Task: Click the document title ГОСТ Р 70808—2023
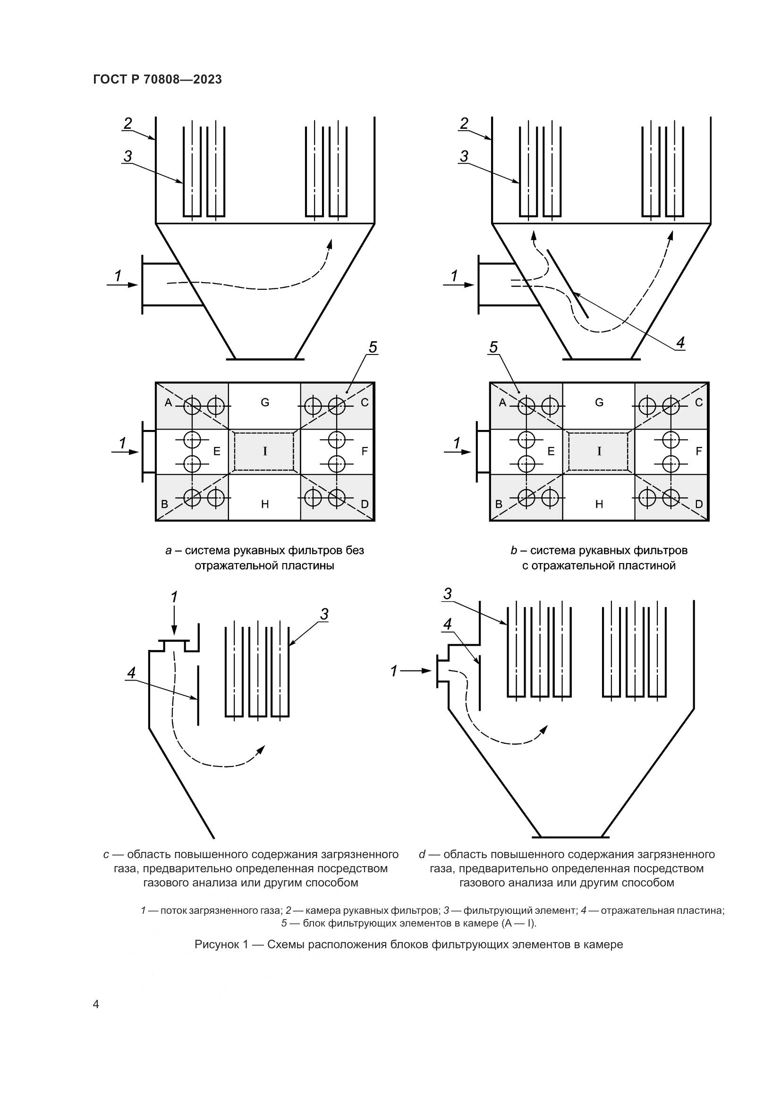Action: pos(157,79)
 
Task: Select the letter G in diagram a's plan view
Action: pos(265,403)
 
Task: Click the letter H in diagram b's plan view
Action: pos(599,504)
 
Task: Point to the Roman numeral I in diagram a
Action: pos(264,451)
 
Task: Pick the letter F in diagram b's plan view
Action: pos(699,451)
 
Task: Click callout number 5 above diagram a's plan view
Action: pos(373,347)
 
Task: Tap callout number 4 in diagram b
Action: pos(680,343)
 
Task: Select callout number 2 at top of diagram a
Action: pos(127,124)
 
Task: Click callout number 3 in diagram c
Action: pos(324,614)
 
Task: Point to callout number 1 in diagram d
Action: pos(394,671)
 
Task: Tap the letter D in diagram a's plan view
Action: pos(365,504)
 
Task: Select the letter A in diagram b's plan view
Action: pos(502,403)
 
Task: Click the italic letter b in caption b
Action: pos(514,550)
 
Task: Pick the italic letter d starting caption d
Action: pos(422,854)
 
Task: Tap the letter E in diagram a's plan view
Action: pos(217,451)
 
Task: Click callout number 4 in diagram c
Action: pos(131,673)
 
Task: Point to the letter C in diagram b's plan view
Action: pos(699,403)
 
